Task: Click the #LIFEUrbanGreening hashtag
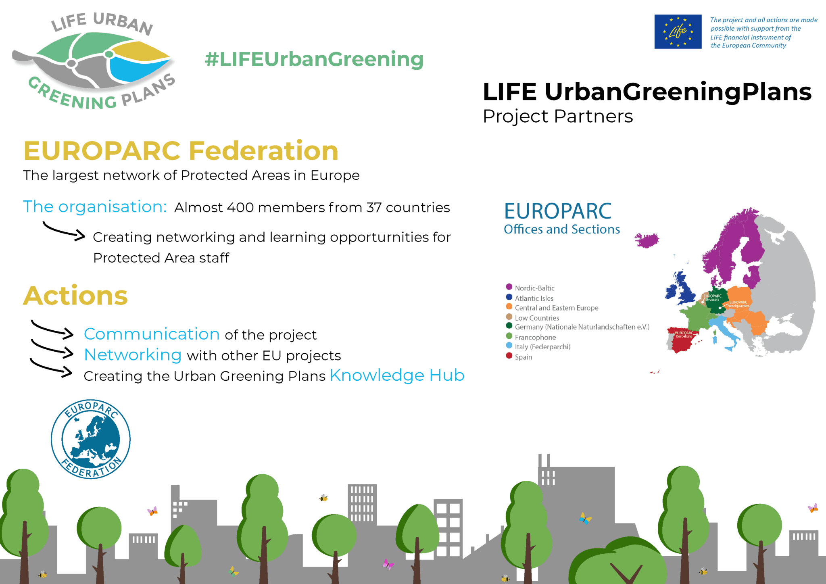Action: [314, 59]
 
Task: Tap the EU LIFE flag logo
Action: [678, 31]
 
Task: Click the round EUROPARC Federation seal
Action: [91, 439]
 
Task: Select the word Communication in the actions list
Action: [152, 334]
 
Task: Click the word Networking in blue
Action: [133, 355]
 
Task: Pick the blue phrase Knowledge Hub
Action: [397, 375]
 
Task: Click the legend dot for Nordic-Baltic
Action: [509, 287]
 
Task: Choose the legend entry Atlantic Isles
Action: [534, 298]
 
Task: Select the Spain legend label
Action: [524, 357]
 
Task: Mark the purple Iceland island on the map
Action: [647, 240]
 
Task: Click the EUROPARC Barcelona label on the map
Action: [684, 334]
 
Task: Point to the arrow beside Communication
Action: [52, 328]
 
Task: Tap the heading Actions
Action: [75, 296]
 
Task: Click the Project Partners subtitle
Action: [558, 116]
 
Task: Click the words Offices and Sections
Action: [562, 229]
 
